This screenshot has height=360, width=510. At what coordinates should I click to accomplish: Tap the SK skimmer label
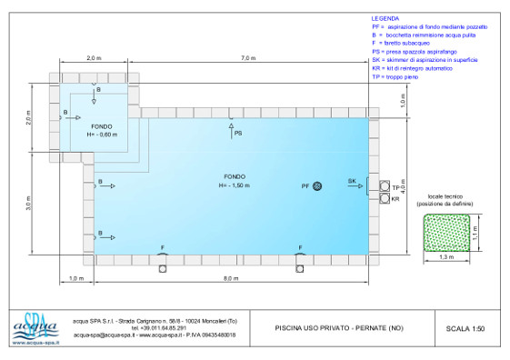(352, 182)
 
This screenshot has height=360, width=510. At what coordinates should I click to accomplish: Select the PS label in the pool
(238, 134)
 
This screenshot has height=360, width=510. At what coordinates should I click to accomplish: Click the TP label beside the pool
(395, 186)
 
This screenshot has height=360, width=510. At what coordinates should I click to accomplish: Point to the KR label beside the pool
(395, 198)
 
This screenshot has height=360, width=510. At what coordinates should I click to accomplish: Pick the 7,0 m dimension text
(247, 58)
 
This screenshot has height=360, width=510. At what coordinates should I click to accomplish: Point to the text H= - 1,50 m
(235, 185)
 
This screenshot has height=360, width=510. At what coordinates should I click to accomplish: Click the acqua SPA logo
(35, 327)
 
